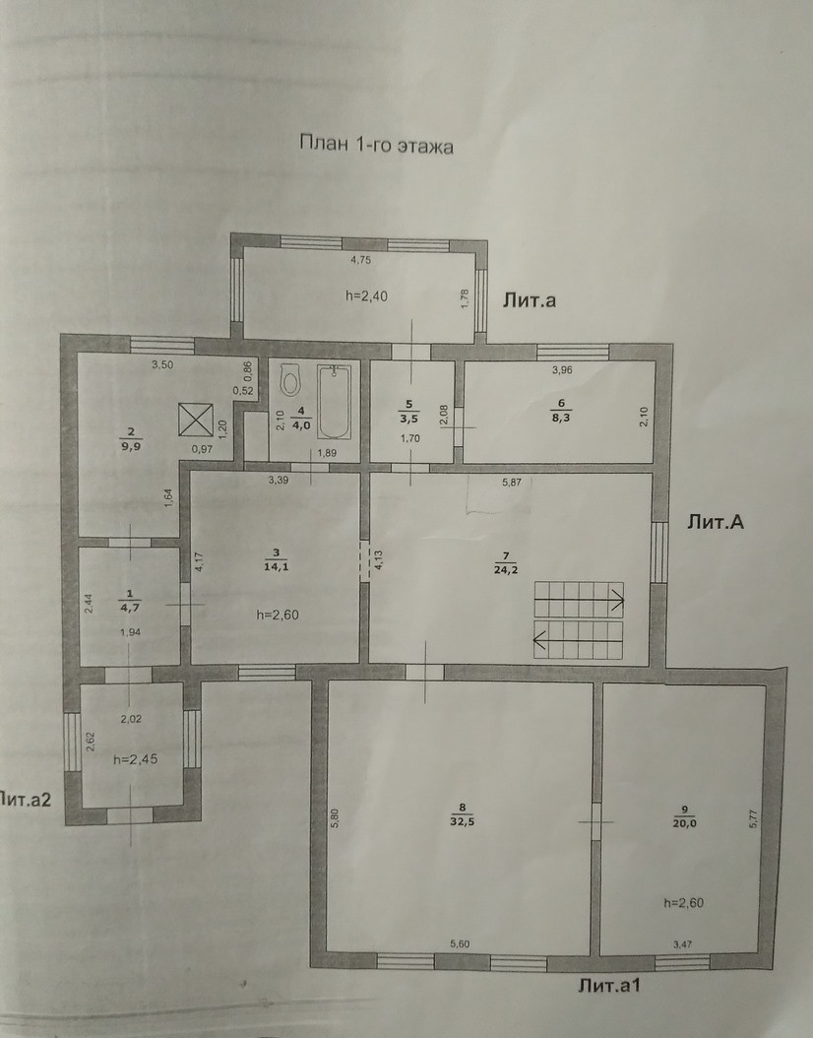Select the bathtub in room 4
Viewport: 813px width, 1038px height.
coord(335,402)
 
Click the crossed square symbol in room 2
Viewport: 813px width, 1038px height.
coord(196,421)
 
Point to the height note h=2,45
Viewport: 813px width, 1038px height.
coord(136,759)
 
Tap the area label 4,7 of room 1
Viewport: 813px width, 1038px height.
coord(128,606)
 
